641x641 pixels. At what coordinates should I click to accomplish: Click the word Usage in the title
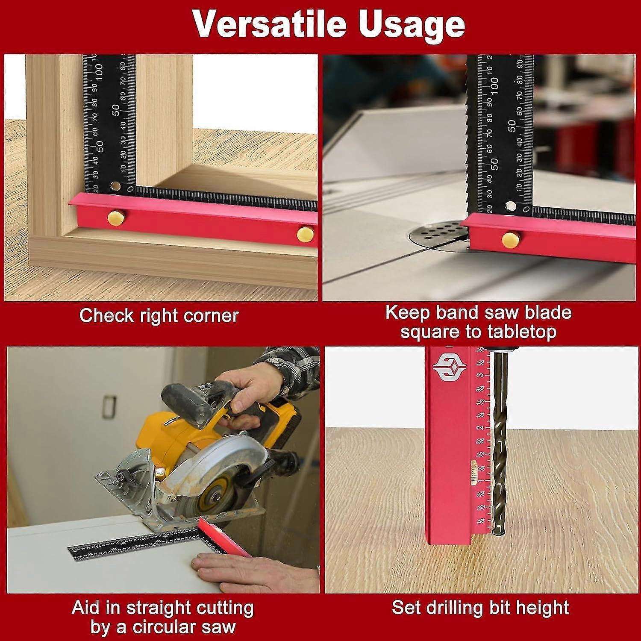pos(411,24)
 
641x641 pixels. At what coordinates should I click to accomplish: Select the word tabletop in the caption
pos(521,332)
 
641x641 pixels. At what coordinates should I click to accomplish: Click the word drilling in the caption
pos(473,608)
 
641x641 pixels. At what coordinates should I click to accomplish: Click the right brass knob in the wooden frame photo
pos(305,233)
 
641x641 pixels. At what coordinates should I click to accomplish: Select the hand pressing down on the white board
pos(252,570)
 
